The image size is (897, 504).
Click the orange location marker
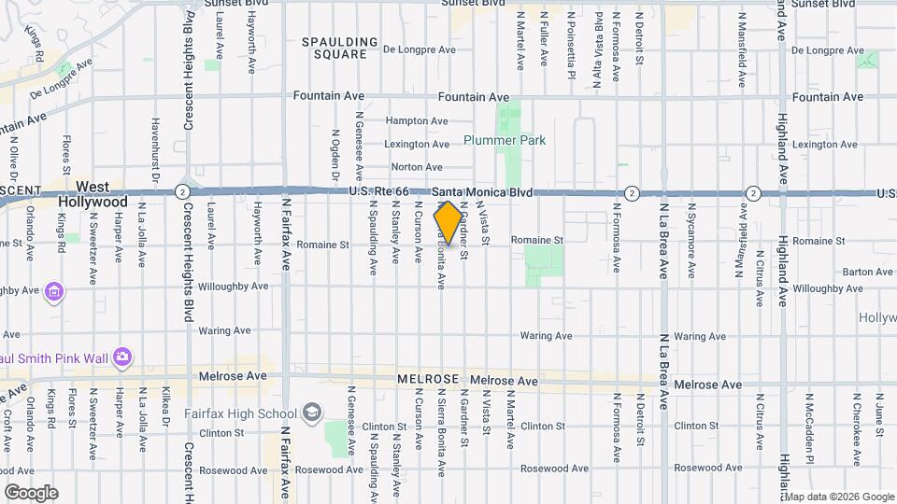click(x=448, y=222)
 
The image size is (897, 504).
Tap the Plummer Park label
click(x=505, y=141)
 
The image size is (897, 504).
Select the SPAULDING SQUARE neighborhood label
click(x=340, y=49)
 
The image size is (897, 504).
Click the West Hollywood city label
click(x=93, y=194)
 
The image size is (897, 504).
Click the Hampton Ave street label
click(x=417, y=121)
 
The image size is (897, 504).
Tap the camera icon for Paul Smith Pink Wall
click(x=122, y=357)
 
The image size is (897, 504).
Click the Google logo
click(x=31, y=493)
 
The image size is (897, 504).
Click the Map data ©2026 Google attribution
click(x=840, y=497)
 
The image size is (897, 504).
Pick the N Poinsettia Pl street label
click(x=571, y=37)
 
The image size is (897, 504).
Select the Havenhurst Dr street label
click(x=155, y=148)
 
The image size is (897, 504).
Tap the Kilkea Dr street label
click(x=164, y=413)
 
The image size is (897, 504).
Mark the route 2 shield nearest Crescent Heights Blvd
click(x=180, y=192)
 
